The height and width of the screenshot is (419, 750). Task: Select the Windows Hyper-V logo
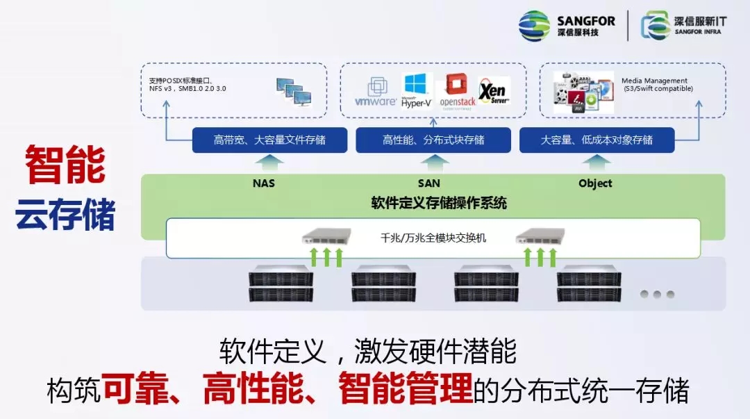tap(417, 90)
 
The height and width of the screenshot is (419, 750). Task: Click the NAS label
tap(265, 183)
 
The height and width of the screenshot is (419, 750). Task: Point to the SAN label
tap(429, 183)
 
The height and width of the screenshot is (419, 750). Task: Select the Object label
tap(595, 183)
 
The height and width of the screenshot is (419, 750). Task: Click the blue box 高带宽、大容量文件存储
tap(269, 140)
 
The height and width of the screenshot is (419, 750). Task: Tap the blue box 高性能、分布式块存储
tap(434, 140)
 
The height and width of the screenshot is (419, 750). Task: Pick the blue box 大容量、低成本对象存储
tap(597, 140)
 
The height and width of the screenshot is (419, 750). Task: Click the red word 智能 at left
tap(65, 166)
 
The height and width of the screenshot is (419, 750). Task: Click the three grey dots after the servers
tap(657, 294)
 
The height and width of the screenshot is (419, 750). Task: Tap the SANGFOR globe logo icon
tap(535, 26)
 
